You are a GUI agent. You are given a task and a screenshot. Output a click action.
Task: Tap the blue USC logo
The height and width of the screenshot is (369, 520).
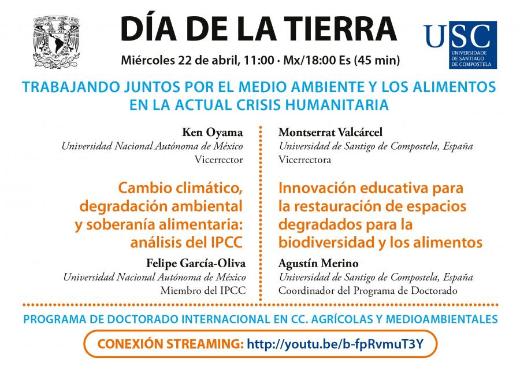(x=459, y=45)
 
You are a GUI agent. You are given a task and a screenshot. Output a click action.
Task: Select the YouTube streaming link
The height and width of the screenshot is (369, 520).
(x=335, y=345)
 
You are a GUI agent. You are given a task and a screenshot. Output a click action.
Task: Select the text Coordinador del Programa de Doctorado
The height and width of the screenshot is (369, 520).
(x=368, y=290)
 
